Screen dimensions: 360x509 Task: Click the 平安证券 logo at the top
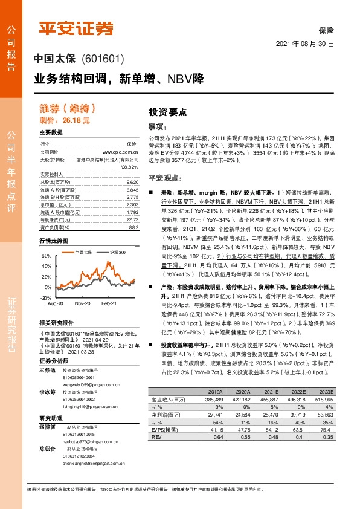[x=76, y=28]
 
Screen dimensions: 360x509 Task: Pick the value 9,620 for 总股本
[x=133, y=182]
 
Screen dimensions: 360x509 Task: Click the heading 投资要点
[x=167, y=112]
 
